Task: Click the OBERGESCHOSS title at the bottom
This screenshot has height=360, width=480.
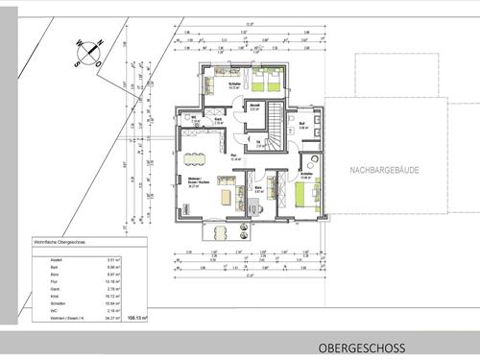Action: click(x=375, y=348)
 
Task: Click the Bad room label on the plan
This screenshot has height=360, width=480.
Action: click(x=302, y=125)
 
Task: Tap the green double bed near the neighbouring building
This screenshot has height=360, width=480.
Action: click(x=302, y=199)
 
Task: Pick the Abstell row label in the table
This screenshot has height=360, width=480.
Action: click(x=42, y=260)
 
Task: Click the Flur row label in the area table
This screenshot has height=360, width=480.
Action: click(x=40, y=283)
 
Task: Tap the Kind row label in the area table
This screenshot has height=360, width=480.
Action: click(x=40, y=298)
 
